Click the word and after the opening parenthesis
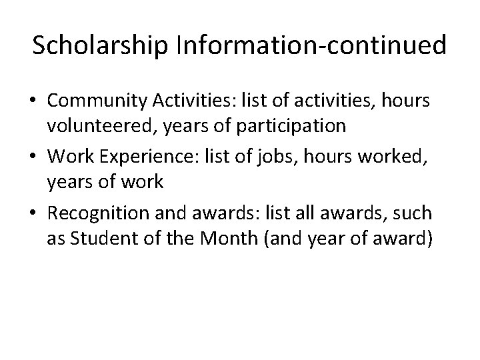[283, 238]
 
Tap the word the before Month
[181, 238]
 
